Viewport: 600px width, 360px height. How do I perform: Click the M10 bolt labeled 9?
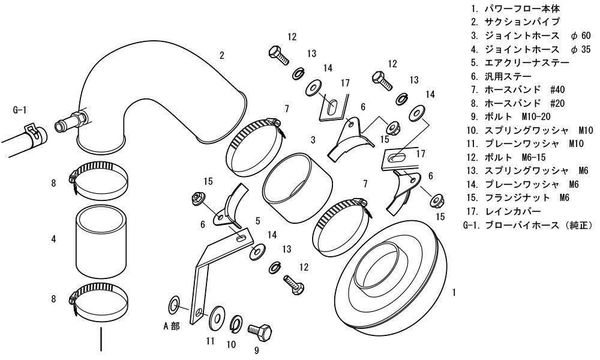pos(260,329)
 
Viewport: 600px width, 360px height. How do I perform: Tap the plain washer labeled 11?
pos(217,317)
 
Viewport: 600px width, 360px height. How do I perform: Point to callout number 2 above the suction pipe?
pos(222,55)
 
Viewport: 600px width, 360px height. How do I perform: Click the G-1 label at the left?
pos(20,110)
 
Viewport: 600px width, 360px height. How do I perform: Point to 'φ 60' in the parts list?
pos(580,36)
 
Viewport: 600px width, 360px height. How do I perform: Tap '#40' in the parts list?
pos(557,90)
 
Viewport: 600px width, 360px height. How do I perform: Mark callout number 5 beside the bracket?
pos(258,221)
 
